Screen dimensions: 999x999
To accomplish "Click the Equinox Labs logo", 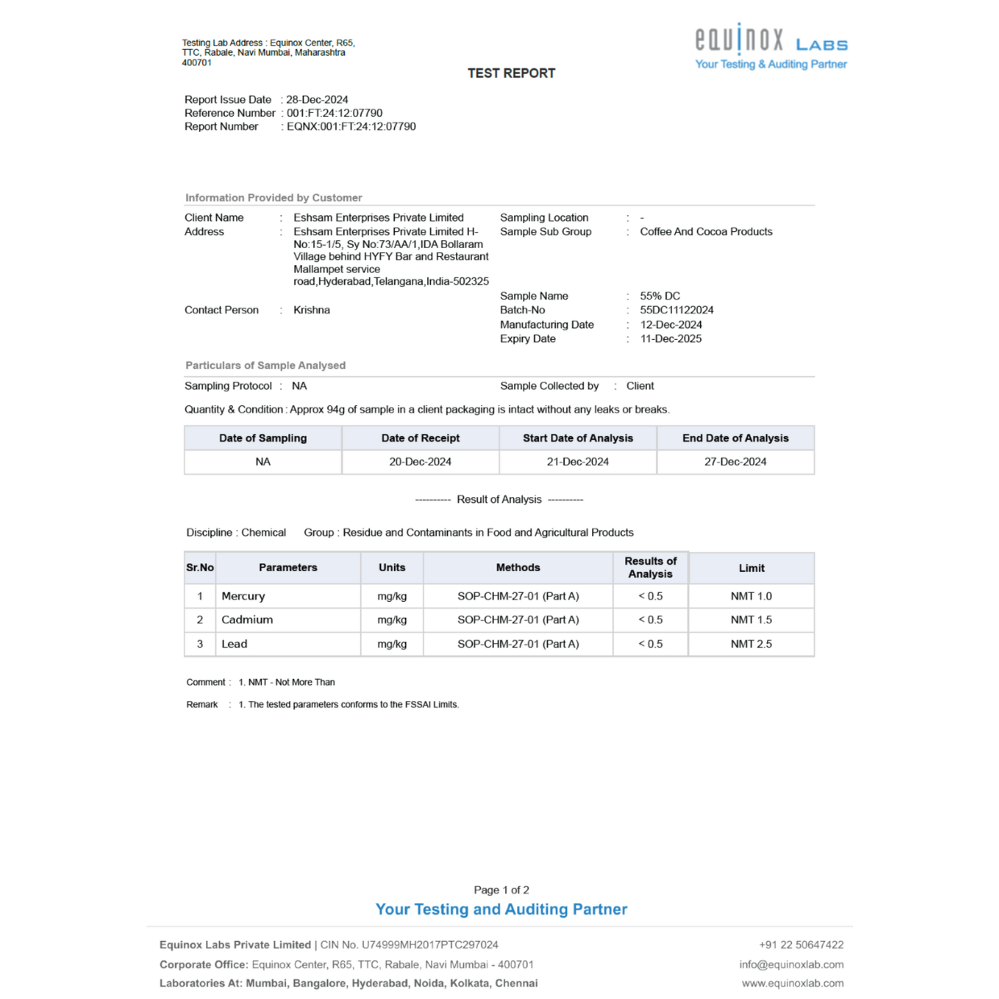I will pyautogui.click(x=770, y=47).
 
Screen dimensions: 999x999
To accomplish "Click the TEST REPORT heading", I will pyautogui.click(x=511, y=73).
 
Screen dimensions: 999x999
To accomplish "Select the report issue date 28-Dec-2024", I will pyautogui.click(x=317, y=100).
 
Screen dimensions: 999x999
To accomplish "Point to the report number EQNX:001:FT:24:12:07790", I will pyautogui.click(x=351, y=126).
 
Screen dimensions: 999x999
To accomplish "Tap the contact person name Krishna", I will pyautogui.click(x=312, y=310).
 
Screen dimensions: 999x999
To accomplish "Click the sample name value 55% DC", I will pyautogui.click(x=660, y=296).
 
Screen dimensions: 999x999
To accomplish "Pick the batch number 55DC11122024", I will pyautogui.click(x=677, y=310).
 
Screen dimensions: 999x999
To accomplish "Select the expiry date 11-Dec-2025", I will pyautogui.click(x=670, y=339).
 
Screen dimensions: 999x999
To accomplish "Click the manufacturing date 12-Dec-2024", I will pyautogui.click(x=671, y=325).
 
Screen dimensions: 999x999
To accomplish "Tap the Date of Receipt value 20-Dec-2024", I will pyautogui.click(x=420, y=462).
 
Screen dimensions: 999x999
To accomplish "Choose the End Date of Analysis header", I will pyautogui.click(x=735, y=438).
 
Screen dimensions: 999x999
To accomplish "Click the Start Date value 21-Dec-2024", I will pyautogui.click(x=578, y=462).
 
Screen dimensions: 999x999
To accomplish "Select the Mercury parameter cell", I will pyautogui.click(x=243, y=596).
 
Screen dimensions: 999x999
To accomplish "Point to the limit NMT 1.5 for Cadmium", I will pyautogui.click(x=751, y=620).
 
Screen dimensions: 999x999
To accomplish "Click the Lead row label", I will pyautogui.click(x=234, y=644).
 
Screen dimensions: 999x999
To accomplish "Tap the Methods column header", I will pyautogui.click(x=518, y=568).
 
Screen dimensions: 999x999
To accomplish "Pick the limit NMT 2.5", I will pyautogui.click(x=751, y=644).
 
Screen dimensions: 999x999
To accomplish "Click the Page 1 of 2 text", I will pyautogui.click(x=501, y=890).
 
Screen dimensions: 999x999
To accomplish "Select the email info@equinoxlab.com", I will pyautogui.click(x=791, y=964).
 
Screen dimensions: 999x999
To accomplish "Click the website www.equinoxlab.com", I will pyautogui.click(x=793, y=983).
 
